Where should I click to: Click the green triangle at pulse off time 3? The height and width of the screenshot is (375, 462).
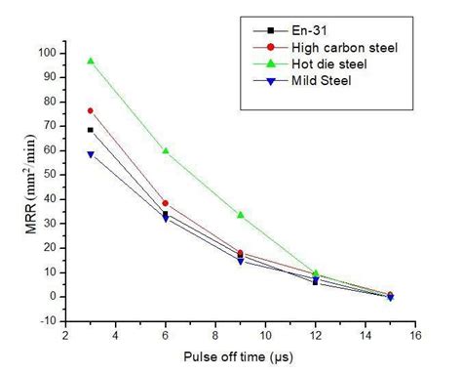point(90,61)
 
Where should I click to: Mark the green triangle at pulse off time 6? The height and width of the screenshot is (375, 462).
point(166,150)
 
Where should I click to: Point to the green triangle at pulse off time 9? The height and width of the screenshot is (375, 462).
point(240,214)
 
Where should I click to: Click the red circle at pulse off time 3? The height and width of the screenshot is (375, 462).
point(90,110)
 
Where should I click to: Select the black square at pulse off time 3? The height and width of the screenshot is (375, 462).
point(90,130)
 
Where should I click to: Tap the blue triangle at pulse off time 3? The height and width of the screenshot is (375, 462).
point(90,154)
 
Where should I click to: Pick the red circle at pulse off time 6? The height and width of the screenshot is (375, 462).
point(166,203)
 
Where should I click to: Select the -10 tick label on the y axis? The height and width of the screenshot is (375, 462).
point(46,321)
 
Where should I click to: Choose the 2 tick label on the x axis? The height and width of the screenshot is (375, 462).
point(66,336)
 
